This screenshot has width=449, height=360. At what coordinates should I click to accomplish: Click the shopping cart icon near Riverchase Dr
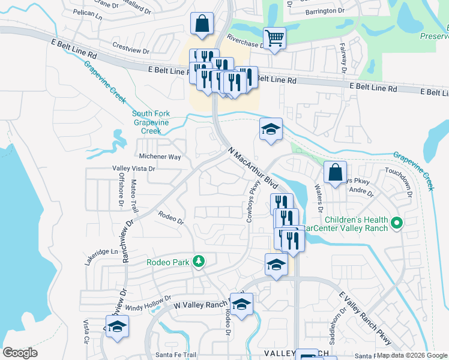coord(275,39)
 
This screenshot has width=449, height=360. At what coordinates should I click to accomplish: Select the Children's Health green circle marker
coord(396,224)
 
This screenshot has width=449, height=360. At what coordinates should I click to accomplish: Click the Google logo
coord(20,353)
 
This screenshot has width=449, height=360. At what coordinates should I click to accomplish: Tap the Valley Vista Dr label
coord(134,169)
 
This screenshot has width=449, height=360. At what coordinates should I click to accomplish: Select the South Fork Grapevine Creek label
coord(151,122)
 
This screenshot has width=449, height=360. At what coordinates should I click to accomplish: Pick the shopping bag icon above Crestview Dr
coord(202,23)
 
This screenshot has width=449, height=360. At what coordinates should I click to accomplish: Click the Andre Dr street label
coord(361,193)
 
